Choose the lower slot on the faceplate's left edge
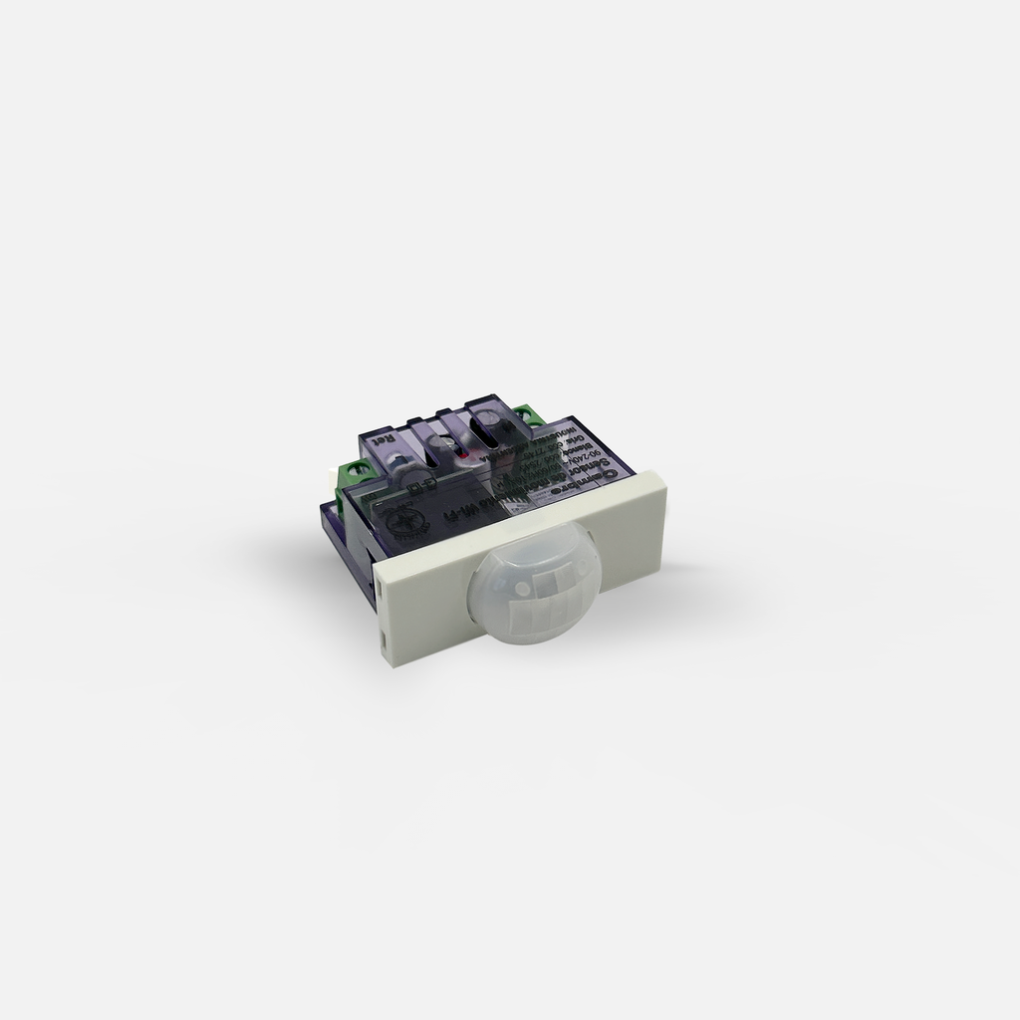click(384, 641)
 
